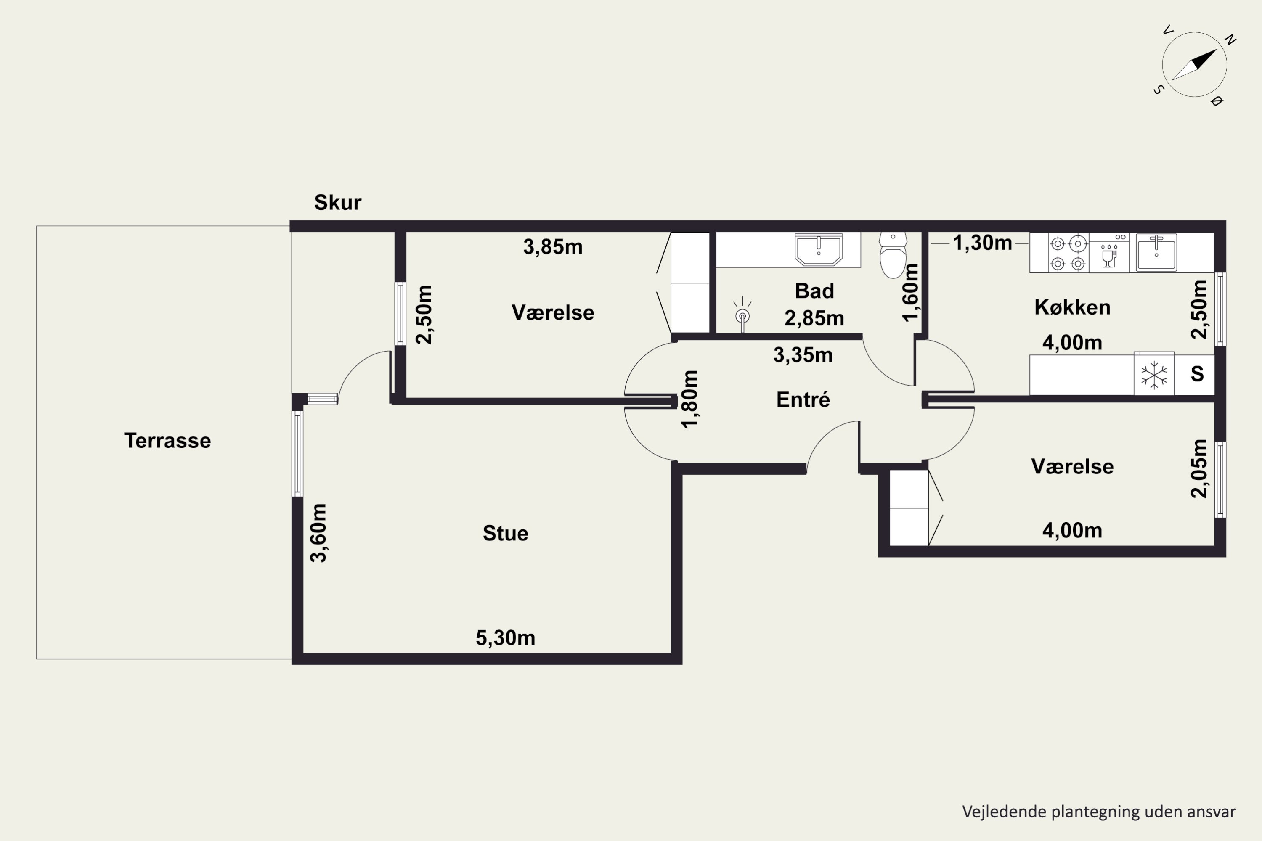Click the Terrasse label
point(167,440)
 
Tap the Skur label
point(337,202)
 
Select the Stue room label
point(506,533)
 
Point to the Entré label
point(803,399)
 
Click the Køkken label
point(1072,307)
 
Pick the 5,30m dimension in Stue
point(506,638)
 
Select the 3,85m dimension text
point(553,247)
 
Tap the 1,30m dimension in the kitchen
point(982,243)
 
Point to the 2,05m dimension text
point(1198,468)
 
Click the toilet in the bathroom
point(893,255)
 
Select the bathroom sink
point(818,249)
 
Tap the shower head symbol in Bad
point(742,314)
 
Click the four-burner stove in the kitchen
point(1068,253)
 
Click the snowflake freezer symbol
point(1153,374)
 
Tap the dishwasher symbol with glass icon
point(1109,253)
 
